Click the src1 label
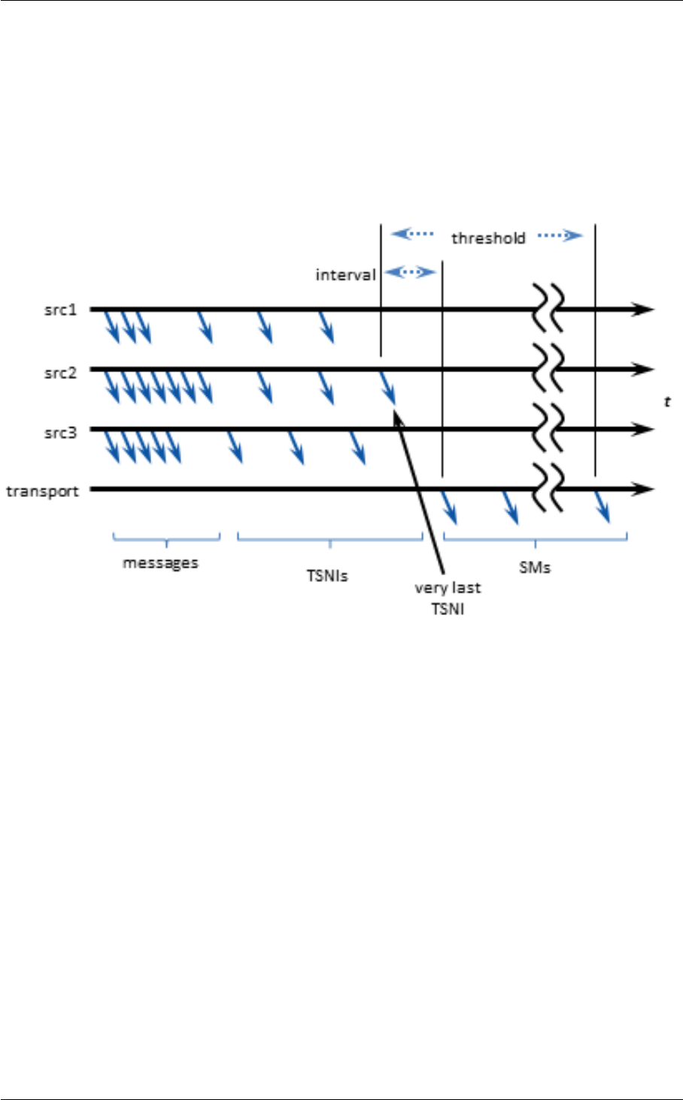click(60, 309)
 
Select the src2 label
click(60, 372)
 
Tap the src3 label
click(60, 432)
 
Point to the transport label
click(42, 492)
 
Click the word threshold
click(488, 238)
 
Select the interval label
click(345, 274)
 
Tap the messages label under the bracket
click(160, 563)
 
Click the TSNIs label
click(327, 576)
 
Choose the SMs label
click(535, 568)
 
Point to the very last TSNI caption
click(448, 598)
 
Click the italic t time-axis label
click(666, 402)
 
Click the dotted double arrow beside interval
click(410, 271)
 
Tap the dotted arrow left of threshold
click(413, 235)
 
